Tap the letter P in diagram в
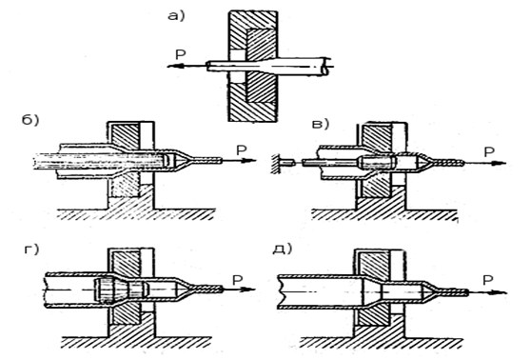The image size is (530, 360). (488, 150)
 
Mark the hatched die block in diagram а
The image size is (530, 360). (236, 38)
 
